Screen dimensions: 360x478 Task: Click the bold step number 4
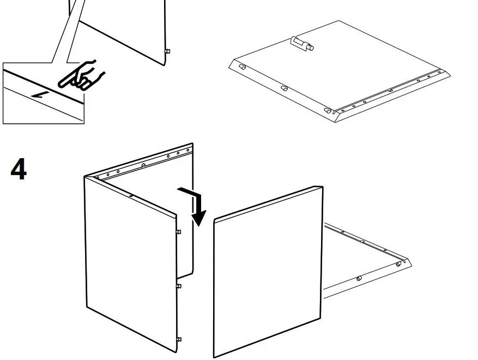click(19, 170)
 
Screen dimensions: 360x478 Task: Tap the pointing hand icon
click(82, 75)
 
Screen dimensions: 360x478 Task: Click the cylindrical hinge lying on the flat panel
click(302, 44)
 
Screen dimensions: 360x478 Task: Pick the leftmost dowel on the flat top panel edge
click(243, 68)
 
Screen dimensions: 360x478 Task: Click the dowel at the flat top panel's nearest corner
click(328, 111)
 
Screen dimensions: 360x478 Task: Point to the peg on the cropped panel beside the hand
click(167, 51)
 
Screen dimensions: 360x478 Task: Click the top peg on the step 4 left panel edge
click(179, 232)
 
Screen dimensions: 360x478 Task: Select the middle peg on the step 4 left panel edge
click(179, 285)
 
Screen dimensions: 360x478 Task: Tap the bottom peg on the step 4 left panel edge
click(179, 339)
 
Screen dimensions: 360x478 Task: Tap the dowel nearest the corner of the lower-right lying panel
click(398, 264)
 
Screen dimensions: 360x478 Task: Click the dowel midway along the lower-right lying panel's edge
click(359, 279)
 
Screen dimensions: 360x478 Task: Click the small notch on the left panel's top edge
click(131, 195)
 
